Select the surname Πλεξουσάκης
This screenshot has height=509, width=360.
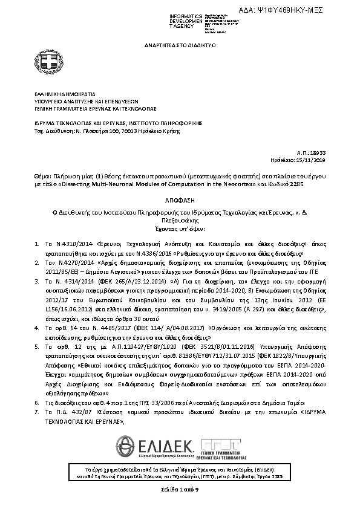(x=180, y=221)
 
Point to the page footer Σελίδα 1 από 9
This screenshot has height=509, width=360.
(x=180, y=487)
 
